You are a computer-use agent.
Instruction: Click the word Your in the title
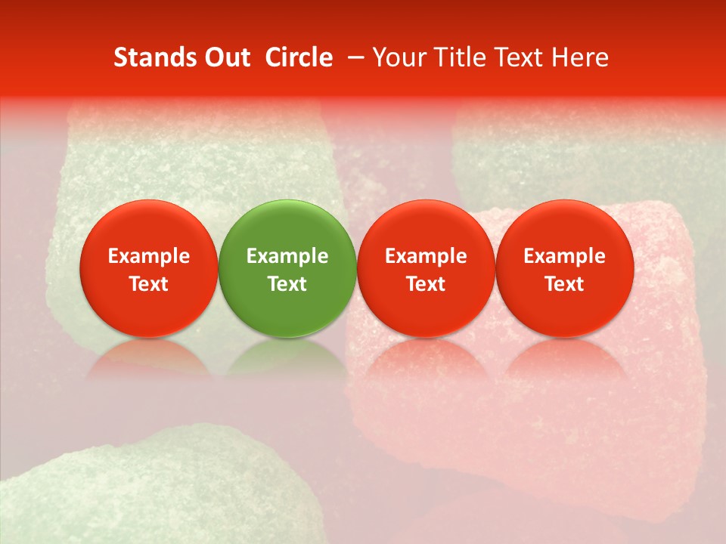[399, 57]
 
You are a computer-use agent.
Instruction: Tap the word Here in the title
[581, 57]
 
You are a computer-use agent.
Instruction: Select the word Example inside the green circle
[287, 256]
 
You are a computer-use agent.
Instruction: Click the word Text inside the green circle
[287, 284]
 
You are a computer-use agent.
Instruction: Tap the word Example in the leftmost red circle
[149, 256]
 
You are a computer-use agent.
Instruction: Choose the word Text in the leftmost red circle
[149, 284]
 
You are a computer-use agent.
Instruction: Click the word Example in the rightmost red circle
[565, 256]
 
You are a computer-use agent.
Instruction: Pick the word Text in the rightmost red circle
[565, 284]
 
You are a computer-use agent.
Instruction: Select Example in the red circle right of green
[426, 256]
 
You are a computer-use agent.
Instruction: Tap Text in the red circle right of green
[426, 284]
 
